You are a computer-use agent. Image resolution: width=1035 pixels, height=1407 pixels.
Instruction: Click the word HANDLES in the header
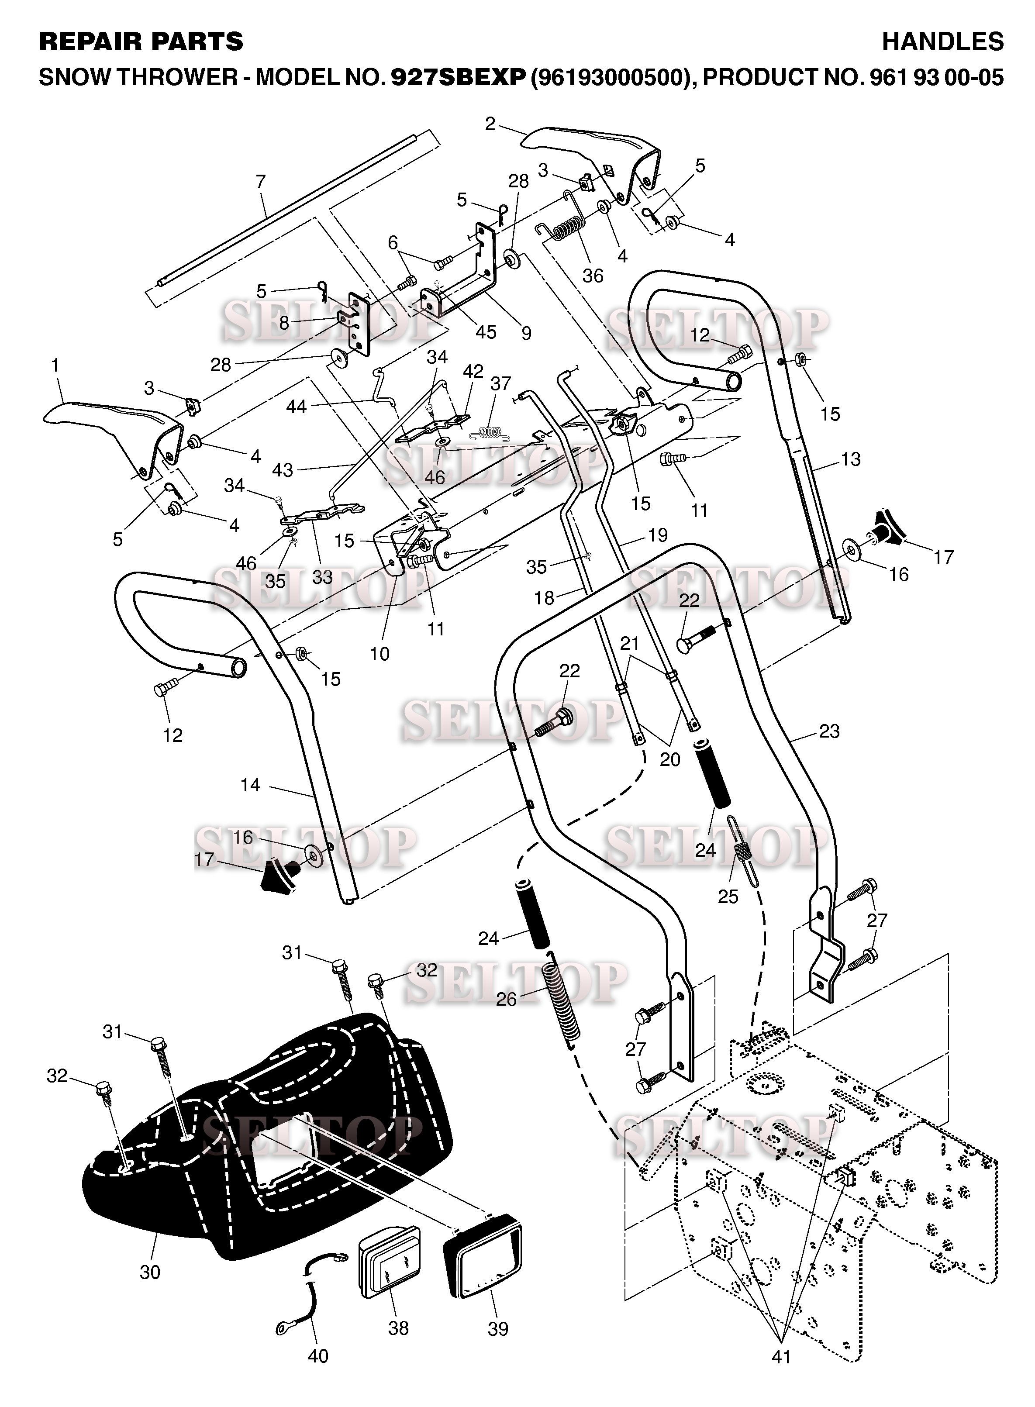click(x=942, y=41)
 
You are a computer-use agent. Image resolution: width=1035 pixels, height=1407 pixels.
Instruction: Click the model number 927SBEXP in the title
click(x=457, y=77)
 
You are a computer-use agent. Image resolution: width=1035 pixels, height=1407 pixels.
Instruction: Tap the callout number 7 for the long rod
click(x=261, y=182)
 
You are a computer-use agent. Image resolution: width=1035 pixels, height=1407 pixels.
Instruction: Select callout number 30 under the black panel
click(x=150, y=1273)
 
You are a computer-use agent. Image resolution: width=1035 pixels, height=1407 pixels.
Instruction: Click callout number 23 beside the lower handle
click(x=829, y=731)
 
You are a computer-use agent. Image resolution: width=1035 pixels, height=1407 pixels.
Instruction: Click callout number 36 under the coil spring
click(x=593, y=276)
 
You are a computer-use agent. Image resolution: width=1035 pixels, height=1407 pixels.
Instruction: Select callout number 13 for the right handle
click(x=851, y=459)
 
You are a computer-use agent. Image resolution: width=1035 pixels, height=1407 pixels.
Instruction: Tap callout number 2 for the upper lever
click(x=490, y=124)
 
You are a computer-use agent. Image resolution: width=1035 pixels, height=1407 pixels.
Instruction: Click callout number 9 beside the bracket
click(x=526, y=333)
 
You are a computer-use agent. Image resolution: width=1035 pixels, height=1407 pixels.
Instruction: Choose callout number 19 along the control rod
click(x=657, y=535)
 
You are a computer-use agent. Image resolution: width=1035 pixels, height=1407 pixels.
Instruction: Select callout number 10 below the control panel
click(x=379, y=654)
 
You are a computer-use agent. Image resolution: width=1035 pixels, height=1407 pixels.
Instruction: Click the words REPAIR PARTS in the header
click(x=141, y=41)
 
